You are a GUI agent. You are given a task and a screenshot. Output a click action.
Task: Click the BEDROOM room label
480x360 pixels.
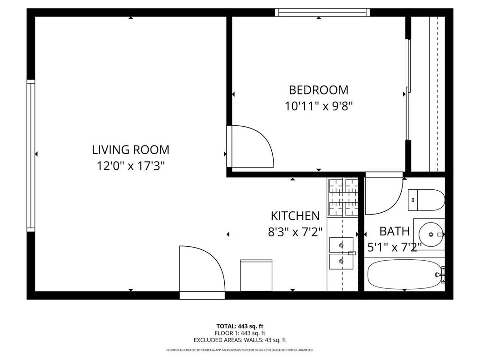(x=318, y=90)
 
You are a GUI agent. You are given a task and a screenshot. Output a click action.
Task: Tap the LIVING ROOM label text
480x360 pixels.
(x=131, y=150)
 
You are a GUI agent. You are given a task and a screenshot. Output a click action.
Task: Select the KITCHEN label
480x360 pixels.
(x=295, y=216)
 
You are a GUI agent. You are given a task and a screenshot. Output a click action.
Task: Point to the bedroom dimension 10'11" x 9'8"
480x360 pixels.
(x=318, y=107)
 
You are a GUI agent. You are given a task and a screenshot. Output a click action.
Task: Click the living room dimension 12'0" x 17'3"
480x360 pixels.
(x=131, y=166)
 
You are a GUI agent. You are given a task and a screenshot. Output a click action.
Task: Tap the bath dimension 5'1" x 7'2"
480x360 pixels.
(x=394, y=247)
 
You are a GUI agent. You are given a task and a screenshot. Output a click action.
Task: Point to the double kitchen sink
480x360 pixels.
(x=341, y=253)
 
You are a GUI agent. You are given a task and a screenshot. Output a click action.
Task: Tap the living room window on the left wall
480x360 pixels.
(x=31, y=155)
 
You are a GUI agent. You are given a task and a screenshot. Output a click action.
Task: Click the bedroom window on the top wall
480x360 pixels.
(x=322, y=12)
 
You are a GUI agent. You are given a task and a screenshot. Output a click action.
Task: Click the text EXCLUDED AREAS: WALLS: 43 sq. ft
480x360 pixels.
(x=240, y=340)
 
